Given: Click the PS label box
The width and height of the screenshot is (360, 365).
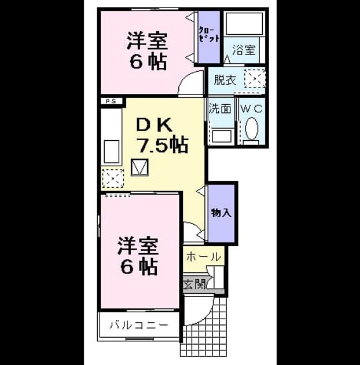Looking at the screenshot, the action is pyautogui.click(x=111, y=101).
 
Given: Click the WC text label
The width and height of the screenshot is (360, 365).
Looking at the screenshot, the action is pyautogui.click(x=251, y=109).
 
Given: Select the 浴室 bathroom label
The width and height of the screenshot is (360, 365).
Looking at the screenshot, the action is pyautogui.click(x=244, y=50).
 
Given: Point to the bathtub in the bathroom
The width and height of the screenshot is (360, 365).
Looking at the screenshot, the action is pyautogui.click(x=244, y=23).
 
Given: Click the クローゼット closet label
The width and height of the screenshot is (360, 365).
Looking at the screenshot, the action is pyautogui.click(x=208, y=35).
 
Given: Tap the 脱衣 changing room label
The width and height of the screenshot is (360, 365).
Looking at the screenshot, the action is pyautogui.click(x=225, y=80).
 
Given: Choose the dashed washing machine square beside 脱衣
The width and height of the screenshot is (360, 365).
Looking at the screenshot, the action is pyautogui.click(x=255, y=78).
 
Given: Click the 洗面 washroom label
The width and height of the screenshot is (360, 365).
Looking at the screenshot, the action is pyautogui.click(x=221, y=109).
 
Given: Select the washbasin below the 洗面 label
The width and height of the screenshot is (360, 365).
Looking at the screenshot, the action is pyautogui.click(x=222, y=136).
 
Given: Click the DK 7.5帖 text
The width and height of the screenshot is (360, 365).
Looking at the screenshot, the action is pyautogui.click(x=162, y=136).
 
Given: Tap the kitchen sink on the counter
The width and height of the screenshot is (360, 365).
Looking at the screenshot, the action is pyautogui.click(x=111, y=152).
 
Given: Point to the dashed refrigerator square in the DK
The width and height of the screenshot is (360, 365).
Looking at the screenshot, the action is pyautogui.click(x=113, y=178).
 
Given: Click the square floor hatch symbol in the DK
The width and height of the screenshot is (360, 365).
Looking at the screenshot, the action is pyautogui.click(x=139, y=167).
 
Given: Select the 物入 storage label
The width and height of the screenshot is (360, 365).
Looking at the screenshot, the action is pyautogui.click(x=221, y=213).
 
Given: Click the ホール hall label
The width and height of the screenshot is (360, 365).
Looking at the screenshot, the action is pyautogui.click(x=203, y=257).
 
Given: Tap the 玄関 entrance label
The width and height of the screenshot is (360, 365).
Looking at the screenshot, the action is pyautogui.click(x=194, y=284).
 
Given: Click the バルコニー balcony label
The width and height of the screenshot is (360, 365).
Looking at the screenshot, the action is pyautogui.click(x=138, y=324).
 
